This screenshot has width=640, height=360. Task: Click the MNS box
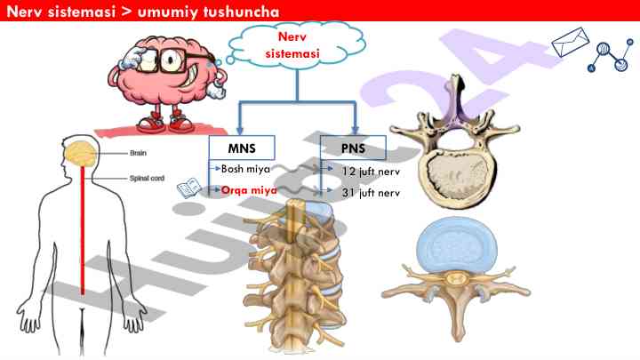(242, 148)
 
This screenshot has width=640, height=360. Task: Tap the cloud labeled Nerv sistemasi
(284, 45)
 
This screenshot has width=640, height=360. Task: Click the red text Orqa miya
(250, 190)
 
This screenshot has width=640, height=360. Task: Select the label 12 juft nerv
(364, 170)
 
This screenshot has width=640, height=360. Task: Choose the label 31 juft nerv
(364, 191)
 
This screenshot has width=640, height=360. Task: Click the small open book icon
(188, 188)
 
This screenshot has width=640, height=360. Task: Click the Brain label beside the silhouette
(139, 153)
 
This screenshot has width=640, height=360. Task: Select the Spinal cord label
(146, 178)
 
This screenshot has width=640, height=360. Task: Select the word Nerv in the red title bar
(26, 11)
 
